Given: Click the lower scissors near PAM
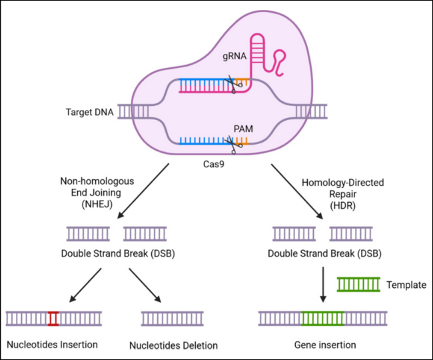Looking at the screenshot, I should tap(232, 142).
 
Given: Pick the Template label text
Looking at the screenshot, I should tap(406, 285).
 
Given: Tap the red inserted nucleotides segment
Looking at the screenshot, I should tap(53, 318).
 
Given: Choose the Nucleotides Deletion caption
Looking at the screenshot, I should tap(173, 345).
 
